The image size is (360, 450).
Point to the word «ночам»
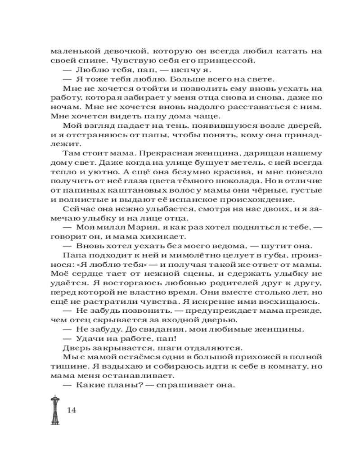point(62,108)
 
